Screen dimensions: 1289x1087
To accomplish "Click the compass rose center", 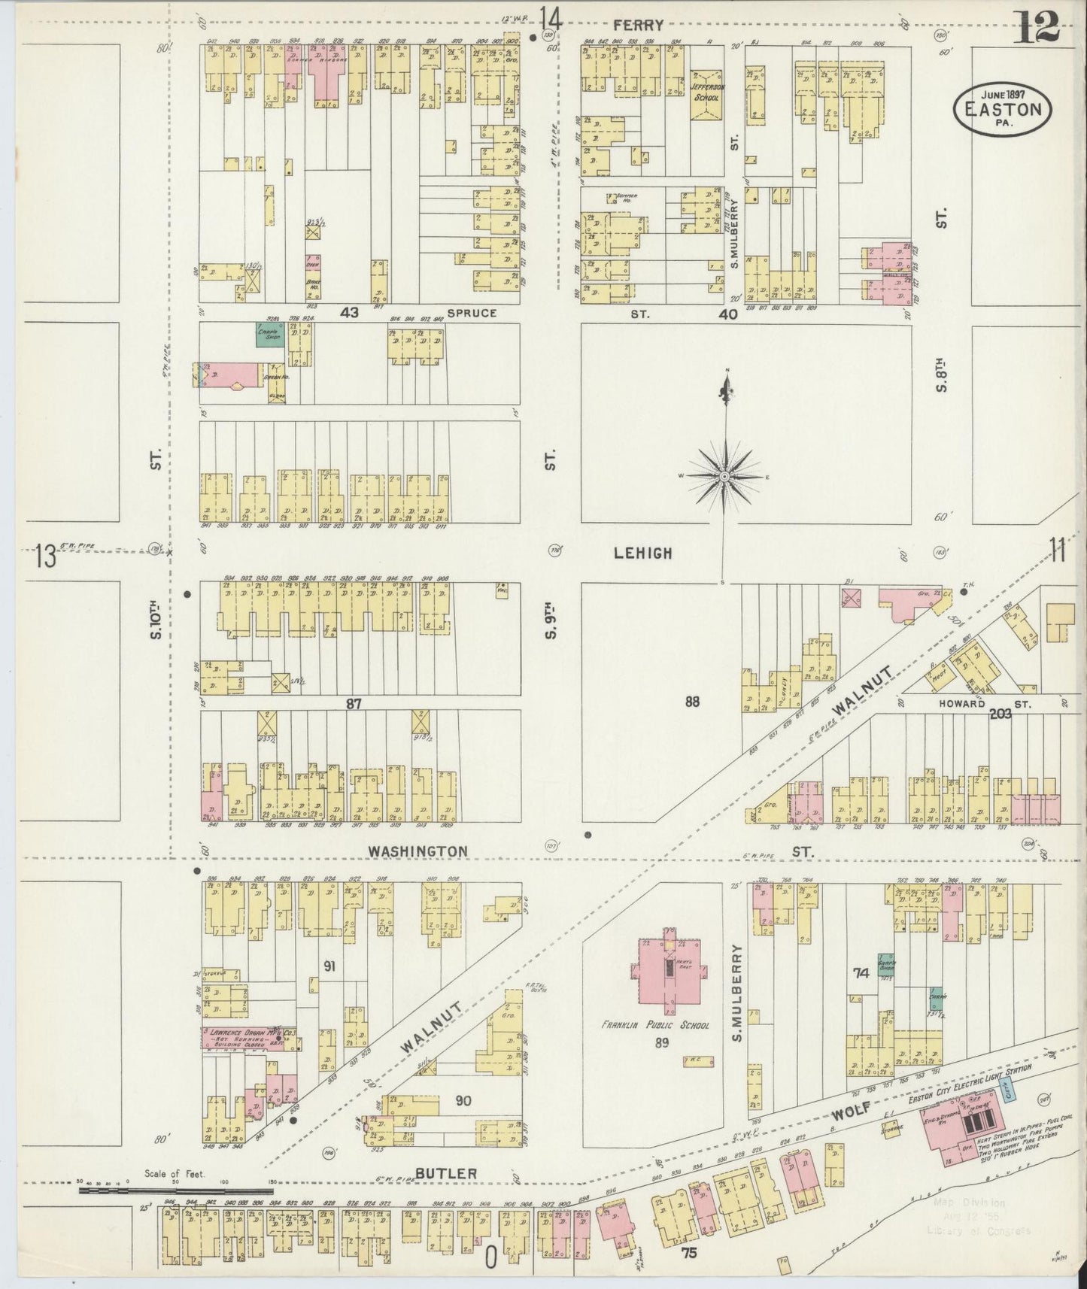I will tap(724, 477).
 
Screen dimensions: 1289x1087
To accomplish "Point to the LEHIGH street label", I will tap(642, 553).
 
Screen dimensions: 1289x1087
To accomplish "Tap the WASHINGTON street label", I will tap(417, 851).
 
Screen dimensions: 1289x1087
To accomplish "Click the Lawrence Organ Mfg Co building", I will tap(250, 1039).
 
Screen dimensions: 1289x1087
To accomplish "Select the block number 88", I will tap(692, 702).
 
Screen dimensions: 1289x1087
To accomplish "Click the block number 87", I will tap(354, 704).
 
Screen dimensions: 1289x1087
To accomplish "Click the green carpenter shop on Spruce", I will tap(269, 335).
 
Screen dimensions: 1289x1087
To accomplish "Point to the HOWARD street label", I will tap(961, 704).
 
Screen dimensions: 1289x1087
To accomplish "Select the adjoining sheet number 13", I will tap(45, 557).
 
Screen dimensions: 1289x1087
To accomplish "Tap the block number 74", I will tap(861, 972).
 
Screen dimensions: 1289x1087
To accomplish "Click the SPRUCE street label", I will tap(472, 312).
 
